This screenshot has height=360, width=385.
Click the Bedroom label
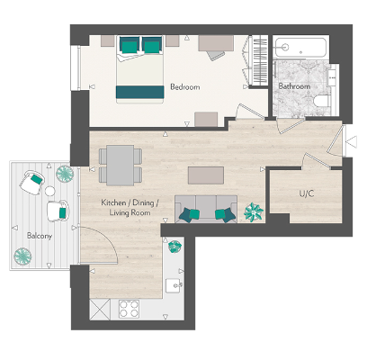(x=184, y=87)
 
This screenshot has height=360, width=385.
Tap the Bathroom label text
(x=293, y=86)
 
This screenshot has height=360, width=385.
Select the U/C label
(x=306, y=194)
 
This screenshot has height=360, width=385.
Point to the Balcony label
(x=39, y=236)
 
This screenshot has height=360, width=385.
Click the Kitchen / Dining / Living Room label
(x=130, y=210)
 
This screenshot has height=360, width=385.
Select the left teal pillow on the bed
(x=130, y=44)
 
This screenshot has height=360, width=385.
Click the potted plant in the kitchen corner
(x=175, y=246)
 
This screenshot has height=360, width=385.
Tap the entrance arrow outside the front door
(x=352, y=141)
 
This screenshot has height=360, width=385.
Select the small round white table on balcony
(x=50, y=192)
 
